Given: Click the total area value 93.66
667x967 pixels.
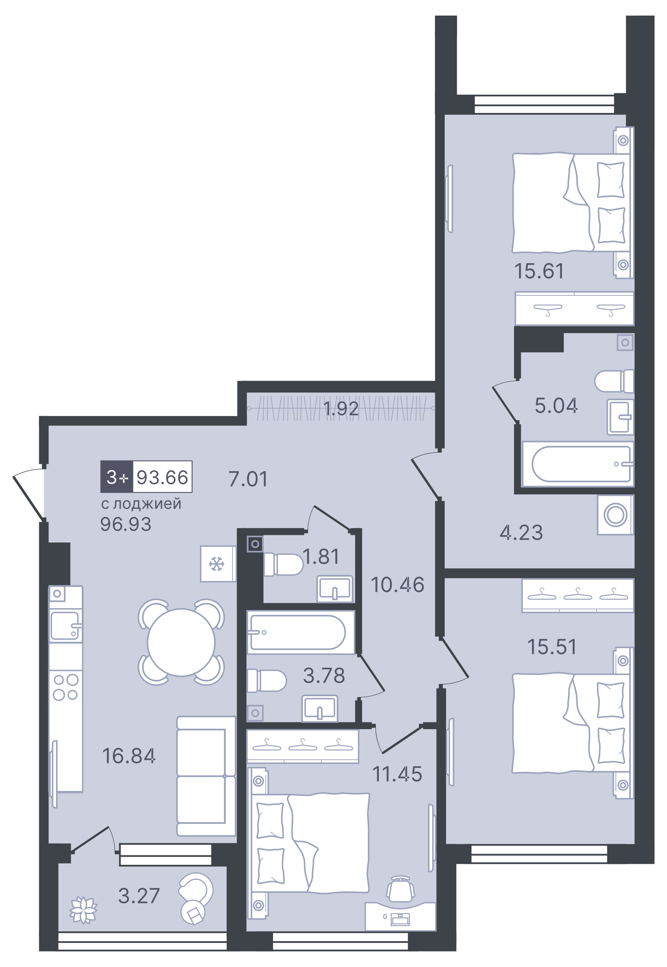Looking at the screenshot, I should pos(162,477).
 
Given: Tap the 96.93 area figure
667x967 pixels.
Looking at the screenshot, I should pos(126,525).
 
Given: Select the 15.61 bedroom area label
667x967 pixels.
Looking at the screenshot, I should pos(539,271).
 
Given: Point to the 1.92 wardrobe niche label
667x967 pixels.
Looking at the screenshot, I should pos(341,409).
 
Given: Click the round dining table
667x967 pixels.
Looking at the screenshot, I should pos(181,642).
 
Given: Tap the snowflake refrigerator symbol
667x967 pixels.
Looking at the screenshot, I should pos(217,564).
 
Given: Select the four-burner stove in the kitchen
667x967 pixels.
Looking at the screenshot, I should pos(66,687).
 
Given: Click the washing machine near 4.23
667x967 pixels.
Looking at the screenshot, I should pos(615,515).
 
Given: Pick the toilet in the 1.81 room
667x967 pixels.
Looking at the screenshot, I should pos(282,564).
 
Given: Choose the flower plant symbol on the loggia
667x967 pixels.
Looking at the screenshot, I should pos(83,910).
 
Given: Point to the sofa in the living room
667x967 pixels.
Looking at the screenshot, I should pos(205,775).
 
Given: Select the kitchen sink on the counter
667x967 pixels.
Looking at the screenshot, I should pos(65,626).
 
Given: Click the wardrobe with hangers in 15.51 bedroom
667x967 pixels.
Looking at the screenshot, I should pos(577,595).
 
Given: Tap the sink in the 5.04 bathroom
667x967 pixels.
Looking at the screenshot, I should pos(620,417).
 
